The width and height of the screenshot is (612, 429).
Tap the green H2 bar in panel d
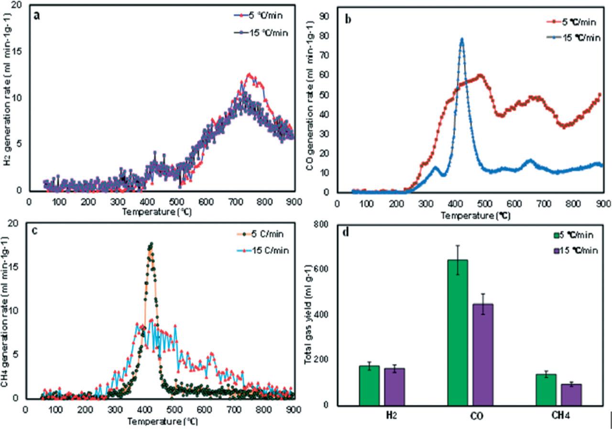click(x=369, y=385)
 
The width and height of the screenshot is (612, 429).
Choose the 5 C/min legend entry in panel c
click(x=260, y=234)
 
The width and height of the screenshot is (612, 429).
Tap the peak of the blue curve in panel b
click(x=462, y=39)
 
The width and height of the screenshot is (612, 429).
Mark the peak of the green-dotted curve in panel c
click(x=151, y=244)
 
